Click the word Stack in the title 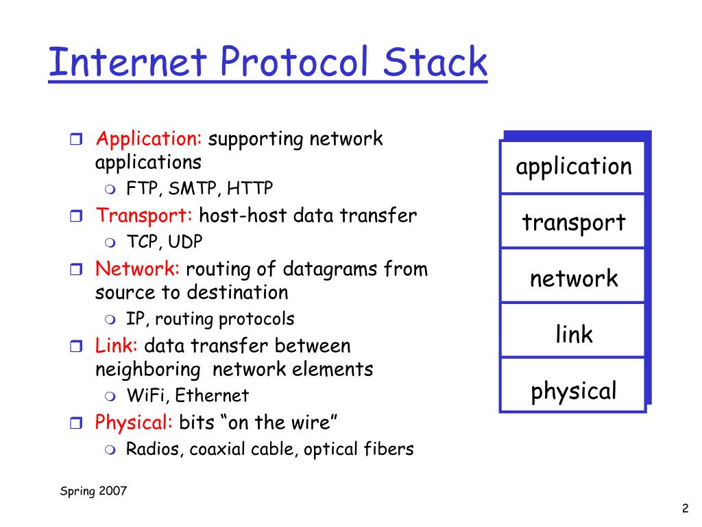click(x=435, y=62)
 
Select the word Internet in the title click(x=128, y=62)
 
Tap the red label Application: click(x=149, y=139)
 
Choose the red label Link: click(x=117, y=345)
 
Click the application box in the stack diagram click(x=573, y=167)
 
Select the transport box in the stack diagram click(x=573, y=222)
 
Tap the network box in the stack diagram click(x=573, y=279)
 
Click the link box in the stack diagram click(x=573, y=335)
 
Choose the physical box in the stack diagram click(x=573, y=391)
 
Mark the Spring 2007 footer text click(x=93, y=491)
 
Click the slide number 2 click(x=685, y=508)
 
